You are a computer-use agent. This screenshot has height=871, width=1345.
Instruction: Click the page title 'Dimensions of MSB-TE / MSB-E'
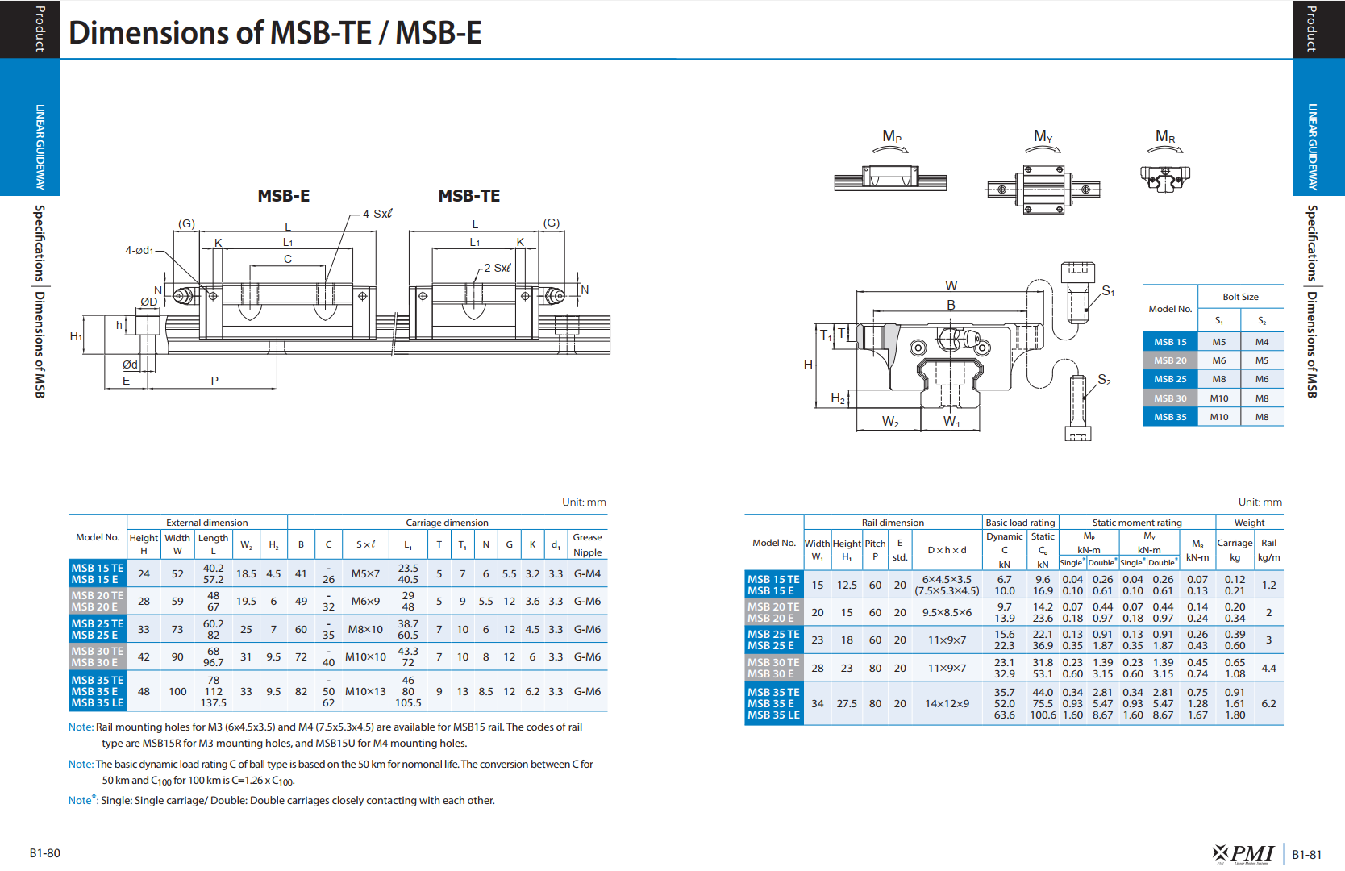pos(275,32)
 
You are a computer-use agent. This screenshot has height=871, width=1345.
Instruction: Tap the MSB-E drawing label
pos(283,196)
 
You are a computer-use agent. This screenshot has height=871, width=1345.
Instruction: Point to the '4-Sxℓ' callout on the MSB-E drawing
pos(377,214)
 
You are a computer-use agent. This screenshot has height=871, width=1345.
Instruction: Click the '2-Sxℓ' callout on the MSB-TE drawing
pos(498,268)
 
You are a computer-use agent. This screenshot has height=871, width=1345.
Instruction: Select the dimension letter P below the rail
pos(214,380)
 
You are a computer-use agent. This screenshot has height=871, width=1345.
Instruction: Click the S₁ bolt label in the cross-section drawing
pos(1108,291)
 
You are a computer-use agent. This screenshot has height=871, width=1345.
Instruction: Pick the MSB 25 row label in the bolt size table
pos(1170,379)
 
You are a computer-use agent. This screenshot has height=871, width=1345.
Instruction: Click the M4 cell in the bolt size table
pos(1261,342)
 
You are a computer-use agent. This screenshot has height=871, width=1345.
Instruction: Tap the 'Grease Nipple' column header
pos(587,544)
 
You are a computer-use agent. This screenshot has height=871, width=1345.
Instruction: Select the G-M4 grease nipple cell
pos(587,573)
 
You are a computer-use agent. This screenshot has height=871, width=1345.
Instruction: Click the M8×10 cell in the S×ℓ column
pos(365,630)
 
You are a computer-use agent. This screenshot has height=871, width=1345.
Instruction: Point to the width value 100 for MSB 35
pos(177,691)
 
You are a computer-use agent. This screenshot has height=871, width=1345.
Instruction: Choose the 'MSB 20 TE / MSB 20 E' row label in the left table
pos(98,601)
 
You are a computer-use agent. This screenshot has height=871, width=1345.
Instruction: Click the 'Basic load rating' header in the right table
pos(1020,523)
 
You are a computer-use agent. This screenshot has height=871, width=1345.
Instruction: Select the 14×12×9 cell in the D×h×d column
pos(947,703)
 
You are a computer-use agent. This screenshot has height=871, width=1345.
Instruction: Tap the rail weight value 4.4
pos(1268,668)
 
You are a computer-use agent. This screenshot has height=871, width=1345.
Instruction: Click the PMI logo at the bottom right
pos(1243,853)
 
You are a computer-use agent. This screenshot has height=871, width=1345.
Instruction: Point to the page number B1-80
pos(45,853)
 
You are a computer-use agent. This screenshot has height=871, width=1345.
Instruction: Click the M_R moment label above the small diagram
pos(1165,136)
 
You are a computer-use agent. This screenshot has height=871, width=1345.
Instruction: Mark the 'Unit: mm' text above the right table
pos(1260,502)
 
